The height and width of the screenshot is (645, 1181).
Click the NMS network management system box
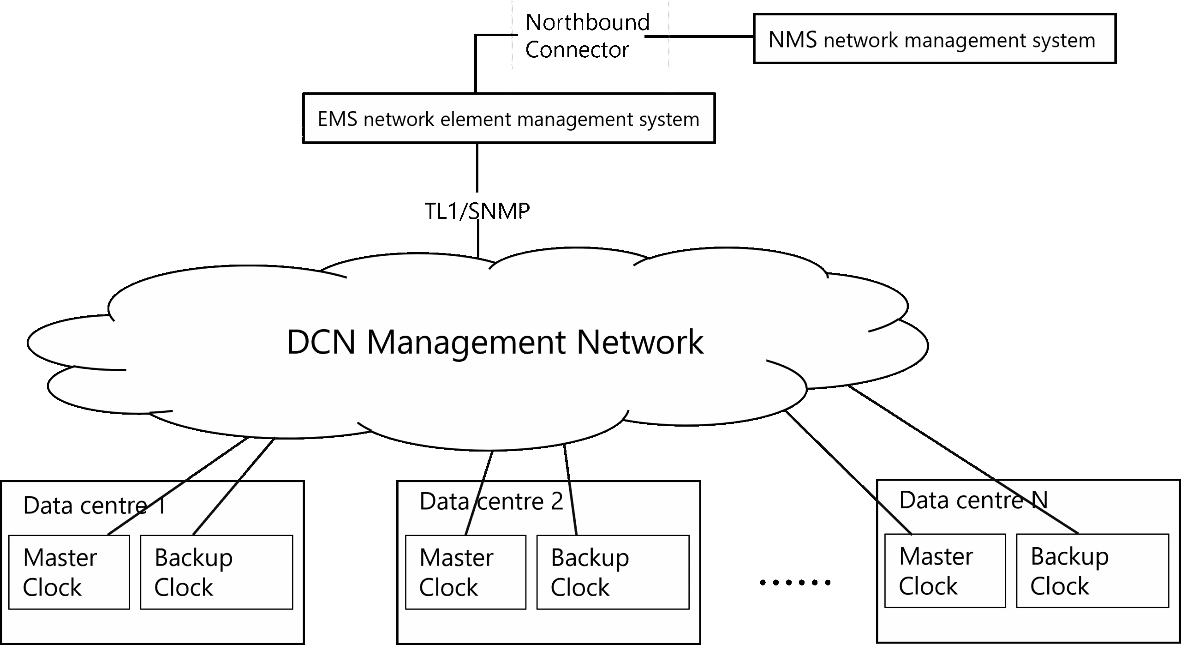pos(934,39)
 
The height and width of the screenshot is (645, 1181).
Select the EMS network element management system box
pos(508,119)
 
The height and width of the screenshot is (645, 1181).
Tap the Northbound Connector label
pos(587,36)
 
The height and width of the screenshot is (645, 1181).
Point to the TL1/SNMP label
pos(477,211)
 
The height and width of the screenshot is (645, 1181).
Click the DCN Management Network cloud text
pos(495,342)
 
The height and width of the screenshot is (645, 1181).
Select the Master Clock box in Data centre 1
pos(69,572)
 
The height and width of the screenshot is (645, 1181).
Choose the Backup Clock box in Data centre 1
pos(216,572)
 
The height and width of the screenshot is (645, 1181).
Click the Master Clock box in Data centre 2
pos(465,572)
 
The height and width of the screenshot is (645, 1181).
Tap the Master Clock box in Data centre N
pos(945,571)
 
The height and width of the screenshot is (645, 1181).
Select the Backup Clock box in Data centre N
pos(1092,571)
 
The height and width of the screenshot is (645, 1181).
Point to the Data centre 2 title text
pos(491,501)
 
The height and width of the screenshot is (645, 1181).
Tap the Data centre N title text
pos(973,500)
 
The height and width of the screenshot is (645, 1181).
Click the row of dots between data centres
pos(795,583)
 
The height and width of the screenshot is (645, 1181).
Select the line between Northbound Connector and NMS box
pos(699,36)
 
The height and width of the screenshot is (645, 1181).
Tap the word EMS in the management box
pos(337,119)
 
